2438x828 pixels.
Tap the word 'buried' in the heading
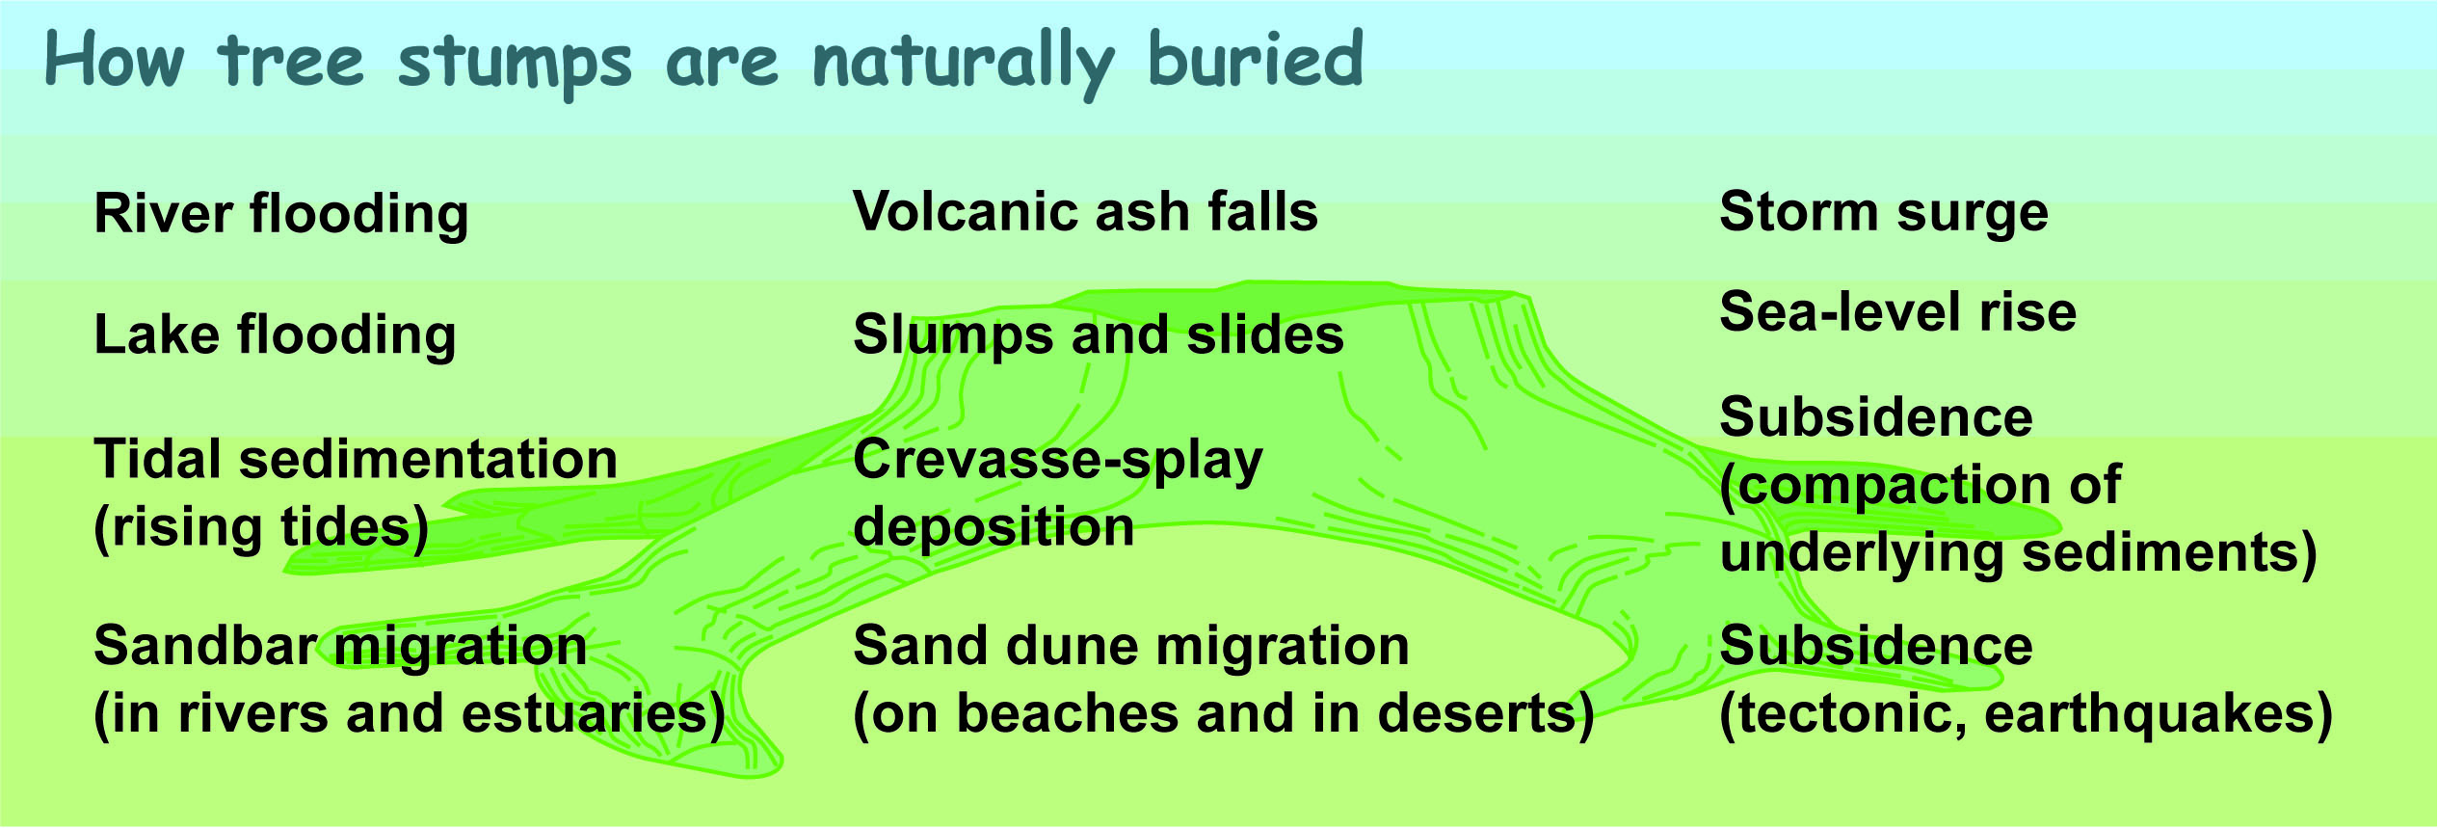(x=1256, y=59)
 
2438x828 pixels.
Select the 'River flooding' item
(x=281, y=215)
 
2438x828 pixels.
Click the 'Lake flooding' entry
(x=275, y=336)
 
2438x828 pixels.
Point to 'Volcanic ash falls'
(x=1086, y=212)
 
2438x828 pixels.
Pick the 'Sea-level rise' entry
(x=1898, y=312)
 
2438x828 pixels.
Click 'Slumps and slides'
(x=1099, y=335)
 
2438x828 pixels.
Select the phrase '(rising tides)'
(x=261, y=529)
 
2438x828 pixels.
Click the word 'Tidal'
(x=159, y=460)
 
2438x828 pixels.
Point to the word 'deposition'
(x=994, y=529)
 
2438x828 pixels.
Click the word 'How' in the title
(x=115, y=61)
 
